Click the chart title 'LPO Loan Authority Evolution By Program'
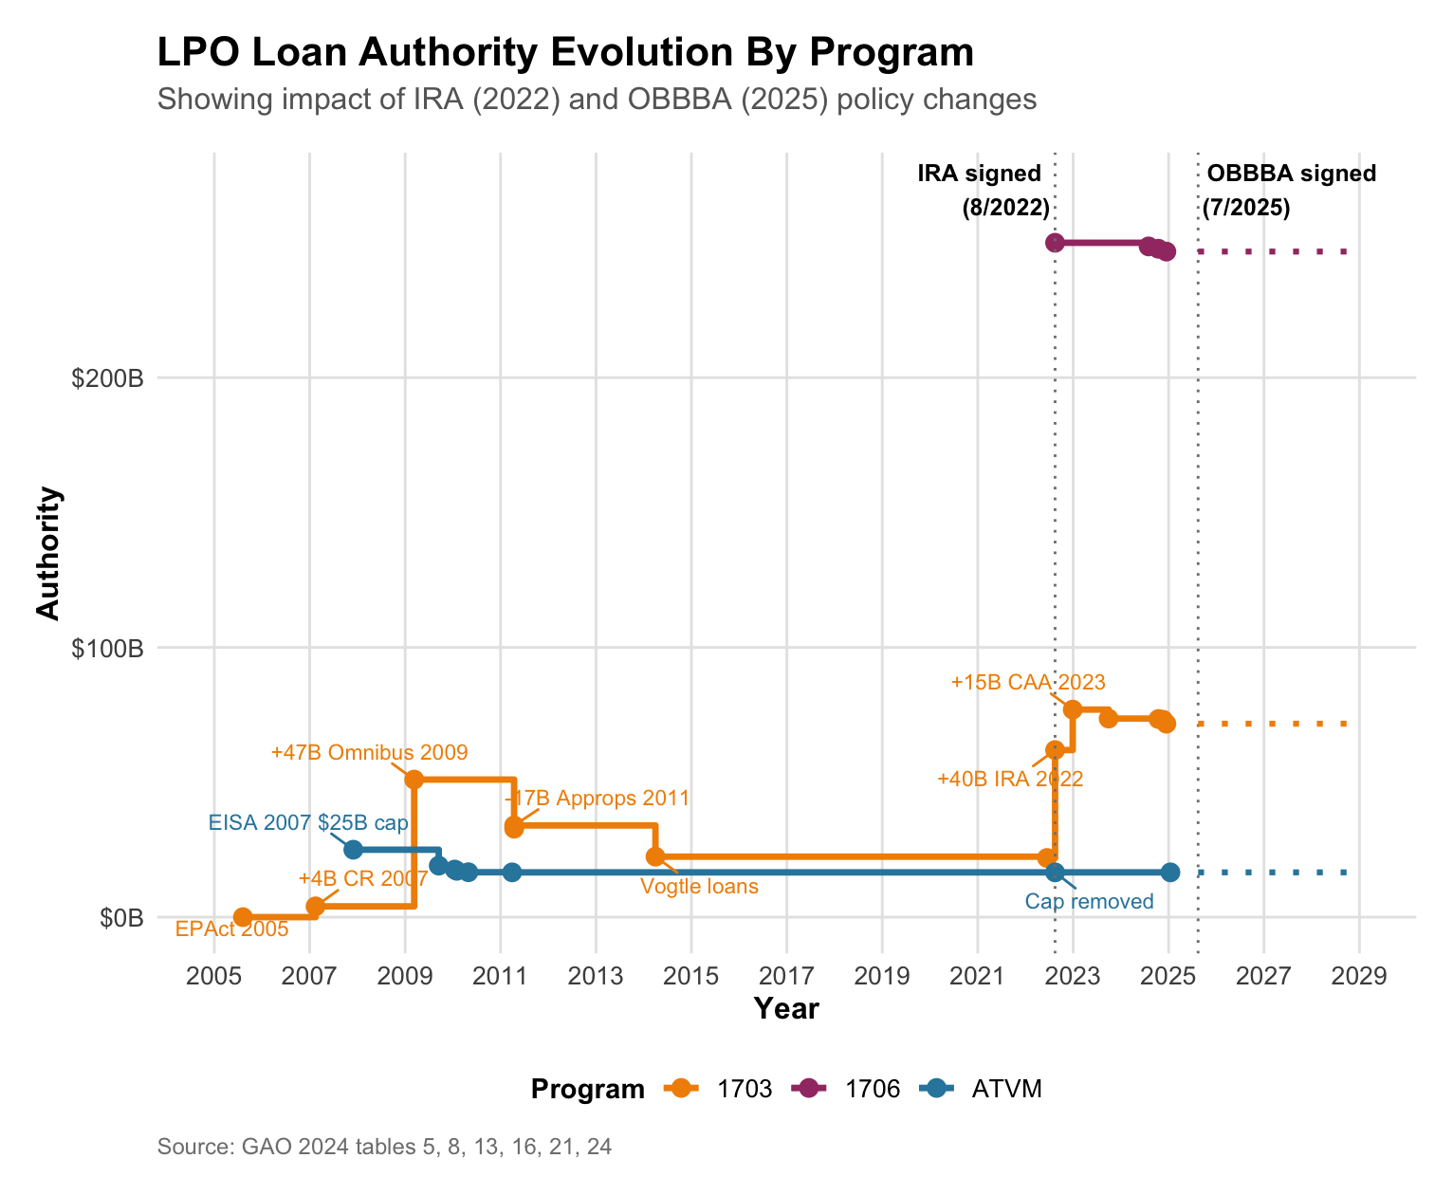point(565,53)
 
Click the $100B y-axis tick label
point(108,649)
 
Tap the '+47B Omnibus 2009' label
point(369,753)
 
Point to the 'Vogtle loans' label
point(699,888)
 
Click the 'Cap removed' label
point(1089,902)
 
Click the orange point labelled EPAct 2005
point(243,917)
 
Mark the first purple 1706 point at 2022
point(1055,243)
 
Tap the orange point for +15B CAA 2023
point(1073,709)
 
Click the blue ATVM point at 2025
point(1170,873)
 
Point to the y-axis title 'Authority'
point(48,553)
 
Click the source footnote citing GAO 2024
point(384,1148)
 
